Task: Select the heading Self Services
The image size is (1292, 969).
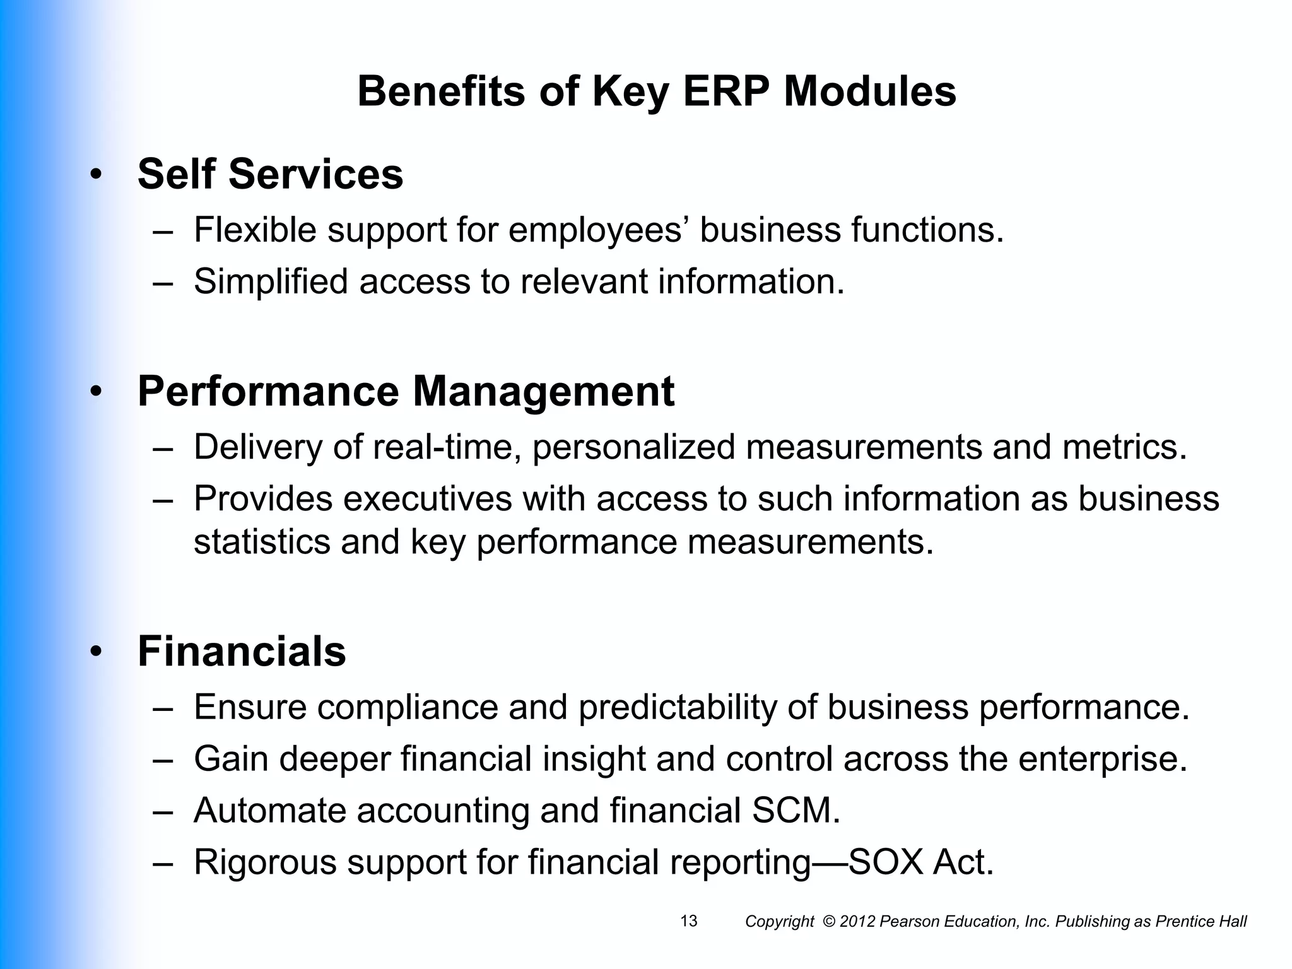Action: click(270, 174)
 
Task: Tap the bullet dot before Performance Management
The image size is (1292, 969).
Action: click(95, 392)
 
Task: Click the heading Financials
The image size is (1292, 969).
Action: click(242, 651)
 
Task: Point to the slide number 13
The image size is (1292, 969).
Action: click(689, 921)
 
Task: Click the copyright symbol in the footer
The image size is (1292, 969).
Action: click(829, 922)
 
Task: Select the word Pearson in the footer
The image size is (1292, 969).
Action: click(903, 922)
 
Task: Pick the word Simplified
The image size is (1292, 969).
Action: click(271, 281)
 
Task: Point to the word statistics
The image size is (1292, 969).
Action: click(262, 542)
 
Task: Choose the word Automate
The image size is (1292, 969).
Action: click(269, 811)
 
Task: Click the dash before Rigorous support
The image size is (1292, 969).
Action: click(162, 863)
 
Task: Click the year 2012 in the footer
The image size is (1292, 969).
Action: click(857, 922)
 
